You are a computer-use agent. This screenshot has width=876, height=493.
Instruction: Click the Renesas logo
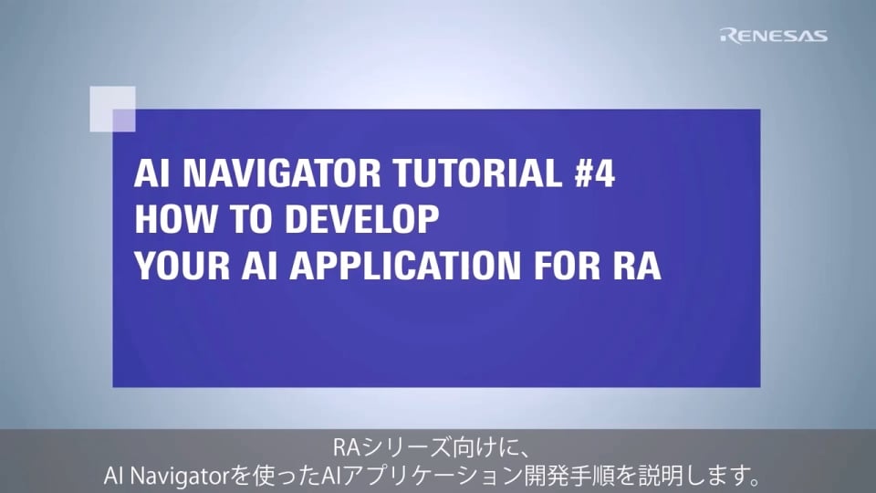(x=774, y=36)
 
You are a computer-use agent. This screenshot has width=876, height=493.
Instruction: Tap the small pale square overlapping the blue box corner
(x=112, y=109)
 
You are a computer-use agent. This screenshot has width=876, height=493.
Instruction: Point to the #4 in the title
(x=590, y=174)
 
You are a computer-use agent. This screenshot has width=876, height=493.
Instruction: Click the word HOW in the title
(x=165, y=220)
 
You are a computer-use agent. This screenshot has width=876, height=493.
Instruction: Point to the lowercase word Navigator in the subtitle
(x=187, y=475)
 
